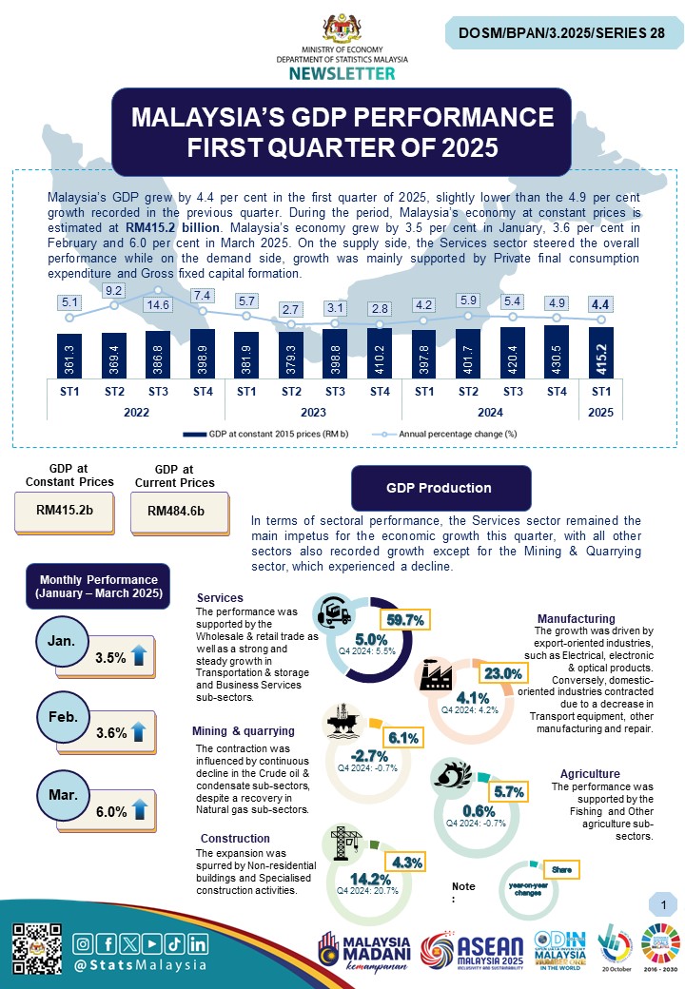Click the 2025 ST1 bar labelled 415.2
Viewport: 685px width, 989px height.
tap(600, 352)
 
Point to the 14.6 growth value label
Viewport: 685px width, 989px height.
tap(158, 305)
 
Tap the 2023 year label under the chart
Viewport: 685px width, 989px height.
tap(313, 412)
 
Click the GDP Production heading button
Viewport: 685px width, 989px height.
tap(439, 488)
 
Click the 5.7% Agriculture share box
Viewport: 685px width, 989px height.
tap(509, 791)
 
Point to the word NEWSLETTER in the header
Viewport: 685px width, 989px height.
tap(342, 73)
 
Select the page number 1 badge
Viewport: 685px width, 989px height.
tap(661, 902)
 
